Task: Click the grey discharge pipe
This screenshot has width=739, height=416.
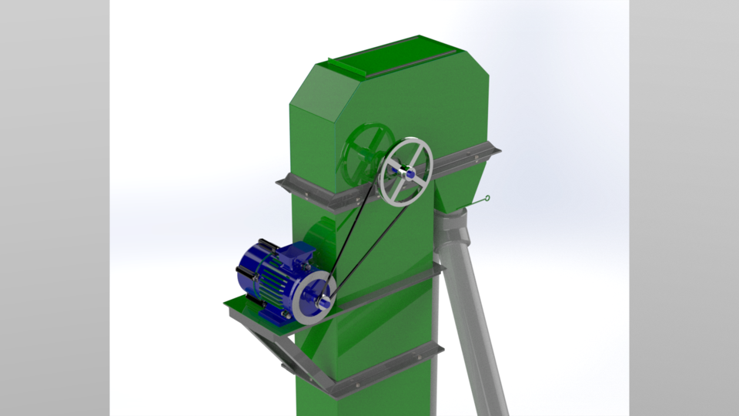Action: pos(473,308)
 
